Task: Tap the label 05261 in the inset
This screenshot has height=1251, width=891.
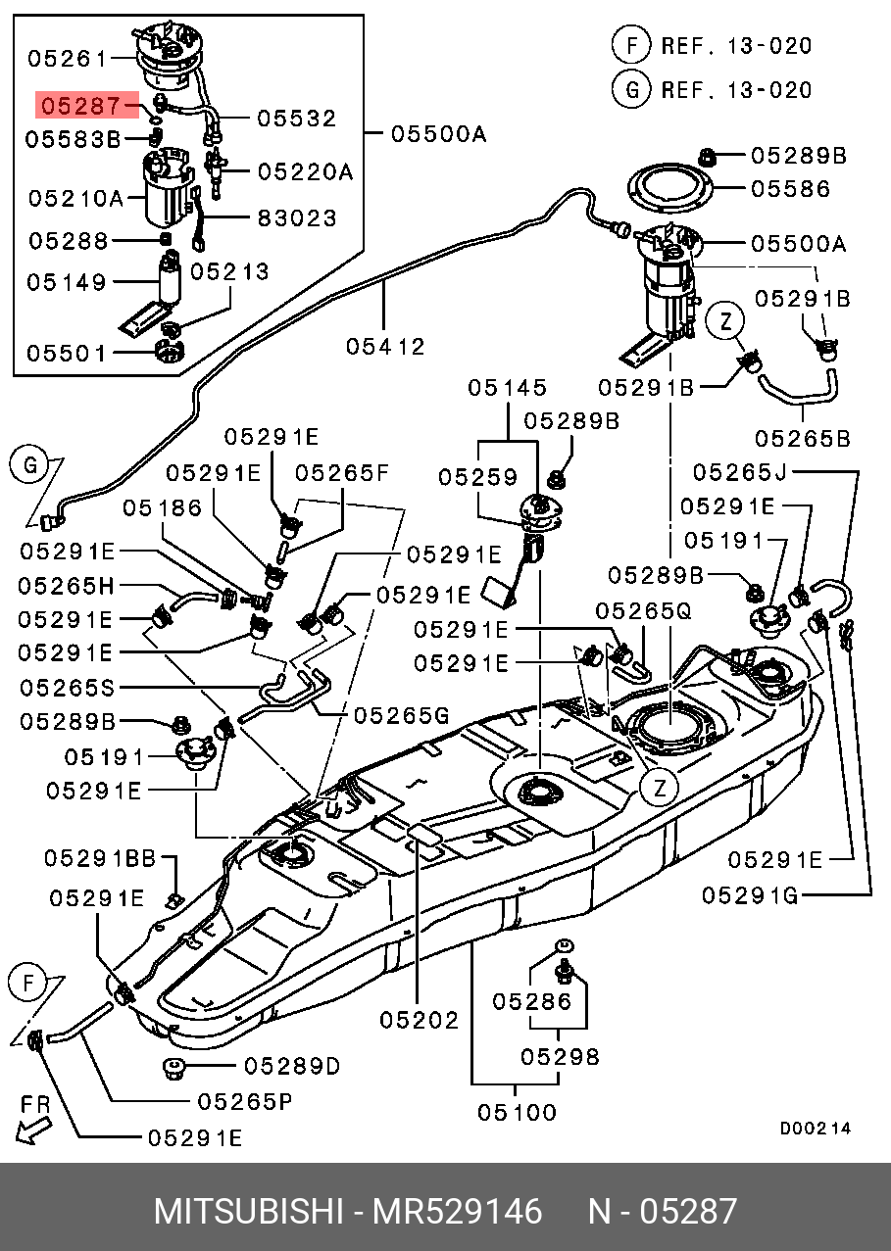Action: point(67,59)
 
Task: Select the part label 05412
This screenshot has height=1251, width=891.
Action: point(385,346)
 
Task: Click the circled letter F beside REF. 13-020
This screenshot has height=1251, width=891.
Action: point(631,45)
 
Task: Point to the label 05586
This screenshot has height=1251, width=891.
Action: point(790,189)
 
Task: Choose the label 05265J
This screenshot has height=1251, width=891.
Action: point(740,473)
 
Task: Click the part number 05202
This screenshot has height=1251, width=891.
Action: point(420,1021)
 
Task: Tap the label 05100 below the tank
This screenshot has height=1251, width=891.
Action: point(517,1112)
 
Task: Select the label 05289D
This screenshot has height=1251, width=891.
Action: point(292,1066)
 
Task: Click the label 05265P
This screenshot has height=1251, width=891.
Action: point(245,1101)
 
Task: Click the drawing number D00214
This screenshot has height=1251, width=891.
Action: point(816,1129)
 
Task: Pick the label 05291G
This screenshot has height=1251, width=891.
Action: point(751,894)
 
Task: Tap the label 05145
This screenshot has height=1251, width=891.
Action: point(507,388)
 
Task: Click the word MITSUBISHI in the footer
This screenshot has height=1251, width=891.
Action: point(248,1212)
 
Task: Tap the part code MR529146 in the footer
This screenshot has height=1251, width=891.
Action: point(456,1212)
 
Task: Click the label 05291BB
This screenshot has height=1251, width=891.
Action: point(99,859)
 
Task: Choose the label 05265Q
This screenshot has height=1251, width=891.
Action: point(643,611)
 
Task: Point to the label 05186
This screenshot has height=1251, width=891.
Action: point(163,507)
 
